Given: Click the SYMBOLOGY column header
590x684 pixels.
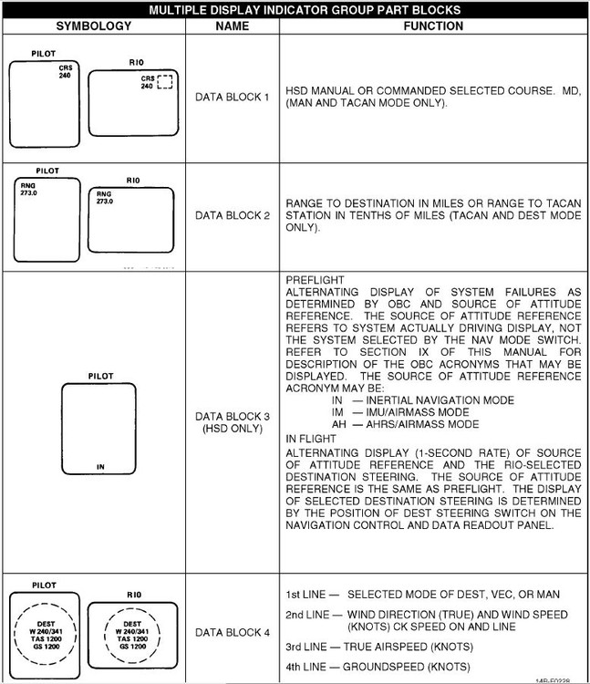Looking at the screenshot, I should click(x=93, y=26).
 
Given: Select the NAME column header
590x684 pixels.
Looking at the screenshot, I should click(x=232, y=26).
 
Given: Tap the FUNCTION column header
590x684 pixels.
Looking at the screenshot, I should click(x=432, y=26).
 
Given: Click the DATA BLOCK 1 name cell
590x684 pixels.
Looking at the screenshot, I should click(x=233, y=97).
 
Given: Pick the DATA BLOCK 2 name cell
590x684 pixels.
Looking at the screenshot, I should click(x=233, y=216).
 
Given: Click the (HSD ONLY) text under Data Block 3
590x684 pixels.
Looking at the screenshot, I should click(x=233, y=429).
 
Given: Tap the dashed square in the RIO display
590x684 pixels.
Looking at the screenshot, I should click(x=164, y=82).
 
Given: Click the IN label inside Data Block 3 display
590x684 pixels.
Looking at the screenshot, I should click(x=100, y=467).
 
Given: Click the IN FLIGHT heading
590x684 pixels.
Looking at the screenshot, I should click(x=311, y=440).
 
